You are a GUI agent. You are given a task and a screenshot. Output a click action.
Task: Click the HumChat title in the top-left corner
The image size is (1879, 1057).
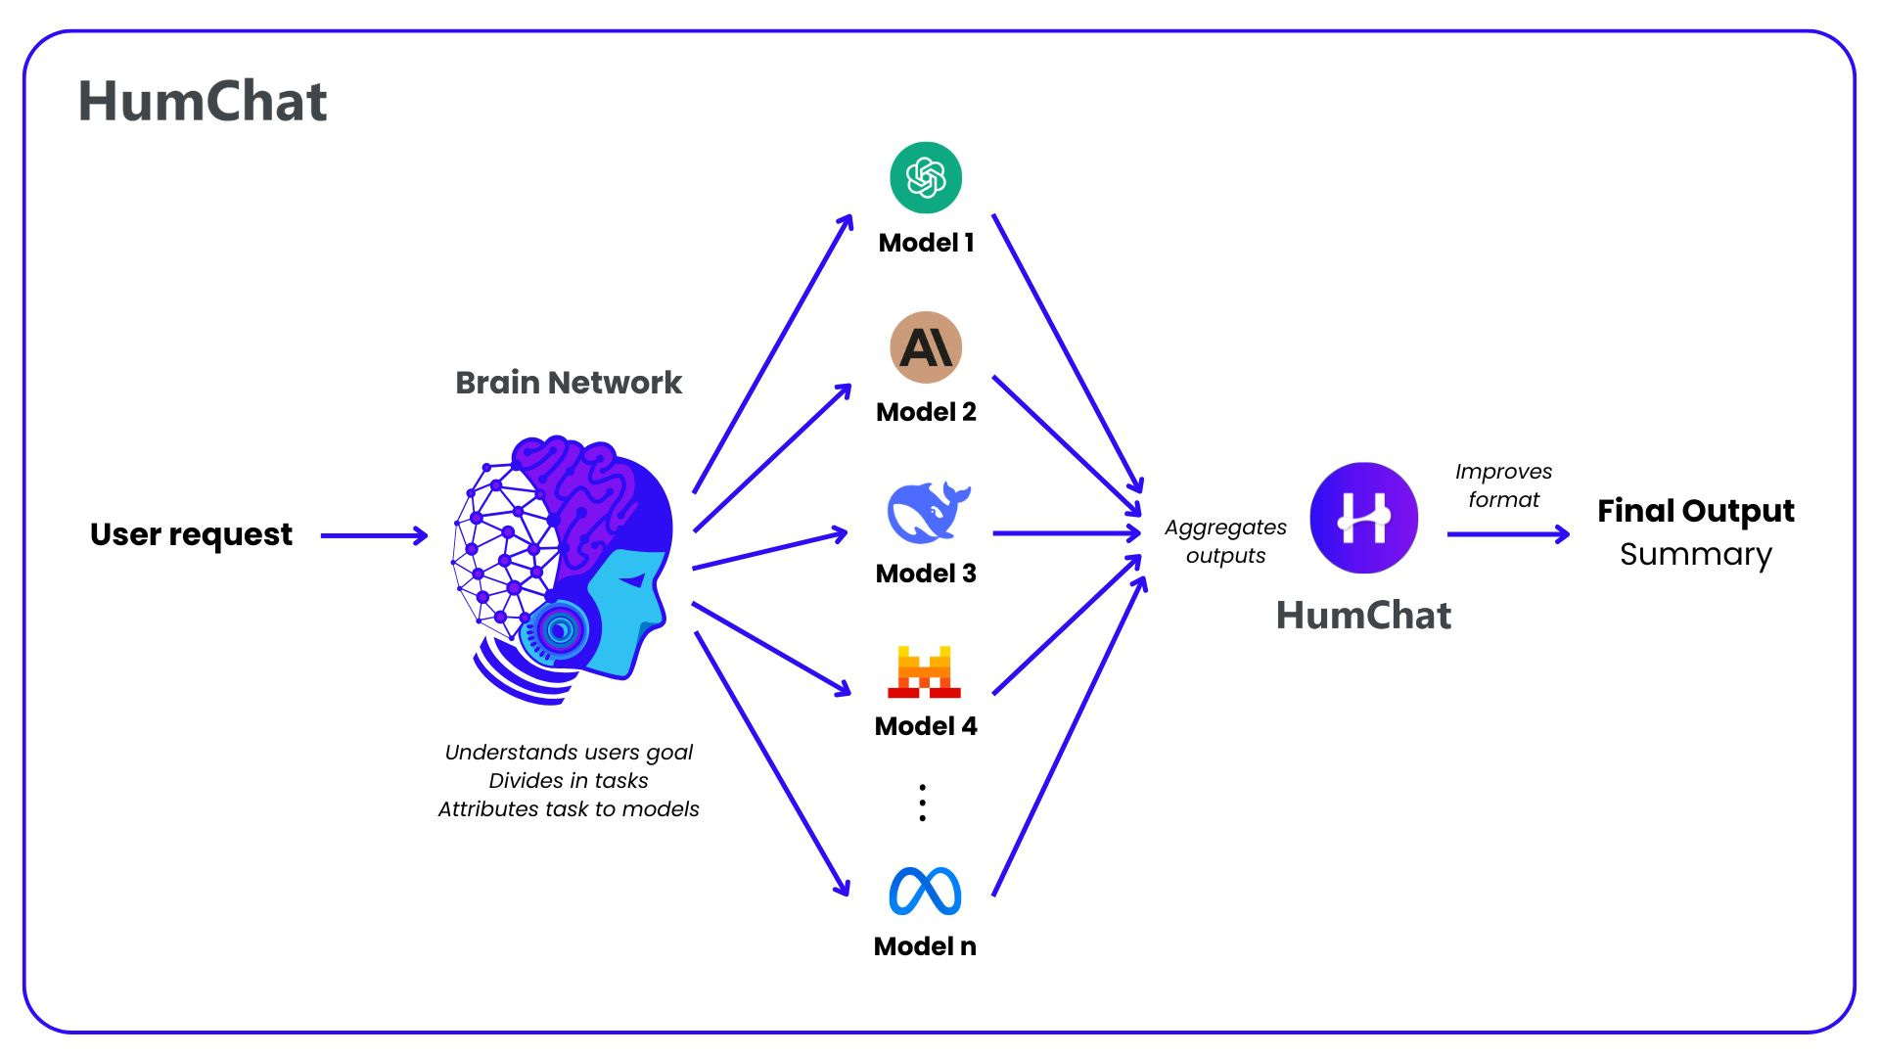point(203,102)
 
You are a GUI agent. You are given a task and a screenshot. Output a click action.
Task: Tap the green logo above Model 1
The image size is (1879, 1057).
point(926,178)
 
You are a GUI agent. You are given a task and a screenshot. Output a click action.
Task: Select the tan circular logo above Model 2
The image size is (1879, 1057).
point(926,347)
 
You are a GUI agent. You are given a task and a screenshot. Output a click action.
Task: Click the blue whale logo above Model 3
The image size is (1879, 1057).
point(927,512)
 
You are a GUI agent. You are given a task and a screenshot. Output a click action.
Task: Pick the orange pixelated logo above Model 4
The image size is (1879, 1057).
point(925,671)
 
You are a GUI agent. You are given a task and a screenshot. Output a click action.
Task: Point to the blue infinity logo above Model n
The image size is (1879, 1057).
point(925,891)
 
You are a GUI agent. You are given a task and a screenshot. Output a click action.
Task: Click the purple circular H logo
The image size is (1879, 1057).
point(1363,518)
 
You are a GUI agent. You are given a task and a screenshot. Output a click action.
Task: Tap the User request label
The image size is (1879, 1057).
point(191,534)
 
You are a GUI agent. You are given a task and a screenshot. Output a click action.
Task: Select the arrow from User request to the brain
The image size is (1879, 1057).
point(374,535)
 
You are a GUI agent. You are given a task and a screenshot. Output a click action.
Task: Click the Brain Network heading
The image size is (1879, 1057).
point(569,383)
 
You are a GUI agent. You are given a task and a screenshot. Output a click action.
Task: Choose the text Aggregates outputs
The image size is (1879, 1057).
point(1225,541)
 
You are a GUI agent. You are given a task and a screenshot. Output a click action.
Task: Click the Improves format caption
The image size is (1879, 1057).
point(1503,485)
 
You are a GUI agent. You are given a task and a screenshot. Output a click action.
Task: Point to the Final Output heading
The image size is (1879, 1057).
point(1695,511)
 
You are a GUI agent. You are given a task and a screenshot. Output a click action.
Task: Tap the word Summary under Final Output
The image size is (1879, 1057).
point(1695,555)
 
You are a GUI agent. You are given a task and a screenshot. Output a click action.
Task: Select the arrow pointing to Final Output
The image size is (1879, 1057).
point(1508,534)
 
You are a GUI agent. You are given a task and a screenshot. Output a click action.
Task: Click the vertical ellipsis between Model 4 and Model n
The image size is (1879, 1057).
point(922,803)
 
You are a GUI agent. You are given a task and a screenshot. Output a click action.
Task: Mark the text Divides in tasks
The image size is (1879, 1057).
point(569,781)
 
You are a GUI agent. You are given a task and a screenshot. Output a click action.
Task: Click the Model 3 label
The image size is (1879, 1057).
point(926,574)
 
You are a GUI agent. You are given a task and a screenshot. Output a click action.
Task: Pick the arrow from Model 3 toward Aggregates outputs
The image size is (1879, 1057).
point(1067,533)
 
